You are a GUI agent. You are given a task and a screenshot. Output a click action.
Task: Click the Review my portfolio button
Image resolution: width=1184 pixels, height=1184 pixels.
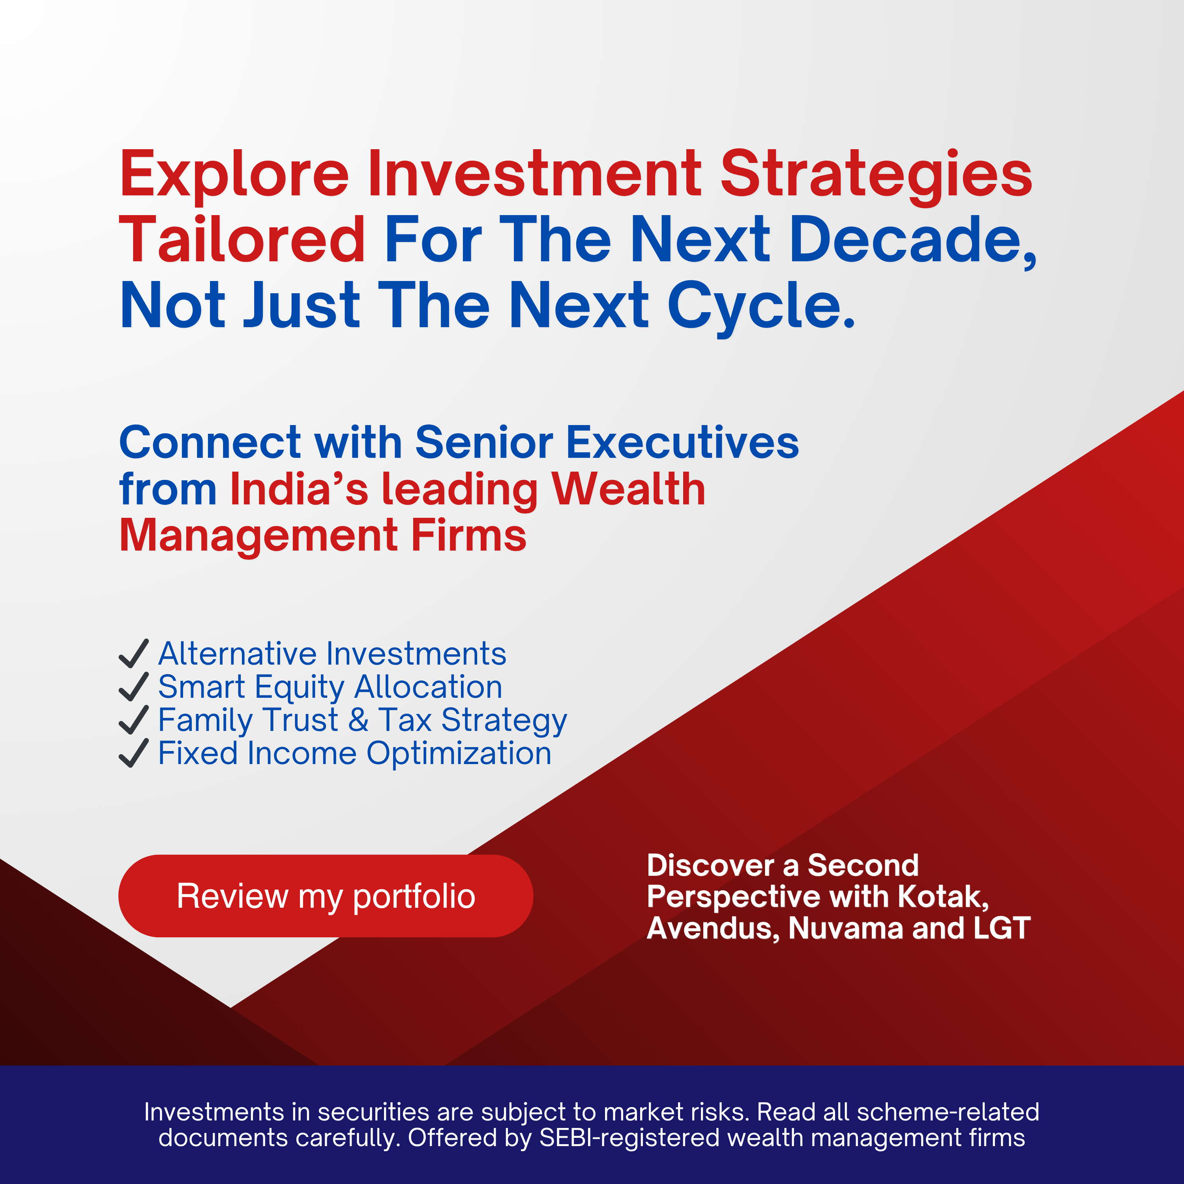pyautogui.click(x=326, y=896)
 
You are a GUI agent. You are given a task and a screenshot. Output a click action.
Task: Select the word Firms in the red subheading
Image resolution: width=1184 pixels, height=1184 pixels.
pyautogui.click(x=468, y=536)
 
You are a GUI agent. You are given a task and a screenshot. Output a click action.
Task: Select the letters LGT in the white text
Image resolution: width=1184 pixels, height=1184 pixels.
pyautogui.click(x=1002, y=928)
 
